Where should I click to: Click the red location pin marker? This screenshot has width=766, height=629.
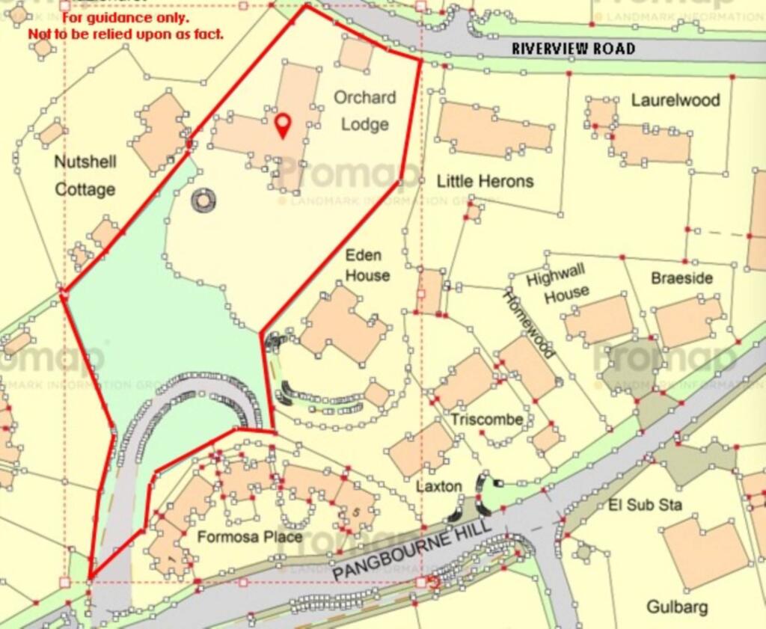pyautogui.click(x=282, y=125)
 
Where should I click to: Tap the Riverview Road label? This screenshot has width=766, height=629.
pyautogui.click(x=573, y=49)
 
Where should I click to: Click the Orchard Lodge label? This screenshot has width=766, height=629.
pyautogui.click(x=365, y=111)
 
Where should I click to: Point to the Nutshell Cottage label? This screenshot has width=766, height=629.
pyautogui.click(x=85, y=175)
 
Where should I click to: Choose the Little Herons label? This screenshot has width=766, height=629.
pyautogui.click(x=485, y=181)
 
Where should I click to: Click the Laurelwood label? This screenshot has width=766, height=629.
pyautogui.click(x=675, y=100)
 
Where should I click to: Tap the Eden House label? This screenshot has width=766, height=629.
pyautogui.click(x=367, y=266)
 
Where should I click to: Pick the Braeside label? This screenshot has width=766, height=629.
pyautogui.click(x=681, y=278)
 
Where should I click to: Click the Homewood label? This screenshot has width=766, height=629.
pyautogui.click(x=530, y=324)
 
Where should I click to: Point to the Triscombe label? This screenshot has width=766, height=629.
pyautogui.click(x=486, y=420)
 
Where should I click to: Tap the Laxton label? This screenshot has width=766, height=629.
pyautogui.click(x=439, y=486)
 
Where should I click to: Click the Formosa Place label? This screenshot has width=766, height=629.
pyautogui.click(x=250, y=537)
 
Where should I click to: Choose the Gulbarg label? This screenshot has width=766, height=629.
pyautogui.click(x=677, y=607)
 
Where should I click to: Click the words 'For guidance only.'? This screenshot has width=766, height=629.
pyautogui.click(x=125, y=17)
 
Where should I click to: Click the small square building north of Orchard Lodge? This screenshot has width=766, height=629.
pyautogui.click(x=356, y=54)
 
